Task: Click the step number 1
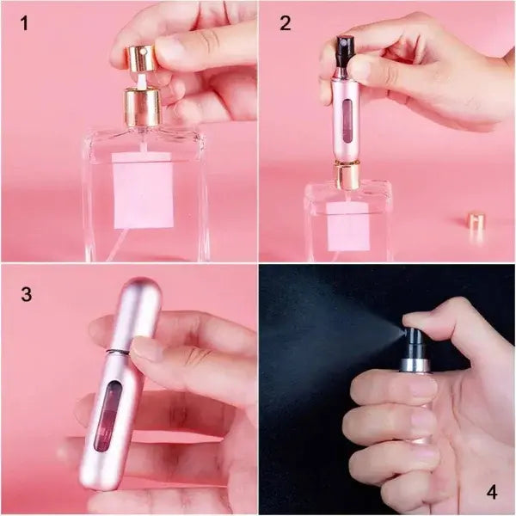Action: click(24, 23)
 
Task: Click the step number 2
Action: click(285, 23)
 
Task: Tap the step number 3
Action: click(26, 294)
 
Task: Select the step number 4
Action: click(491, 492)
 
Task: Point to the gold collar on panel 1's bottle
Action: click(143, 107)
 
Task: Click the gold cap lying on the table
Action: click(476, 221)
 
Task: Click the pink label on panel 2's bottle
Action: click(348, 226)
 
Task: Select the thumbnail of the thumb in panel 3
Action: click(147, 349)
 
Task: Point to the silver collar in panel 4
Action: click(415, 363)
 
